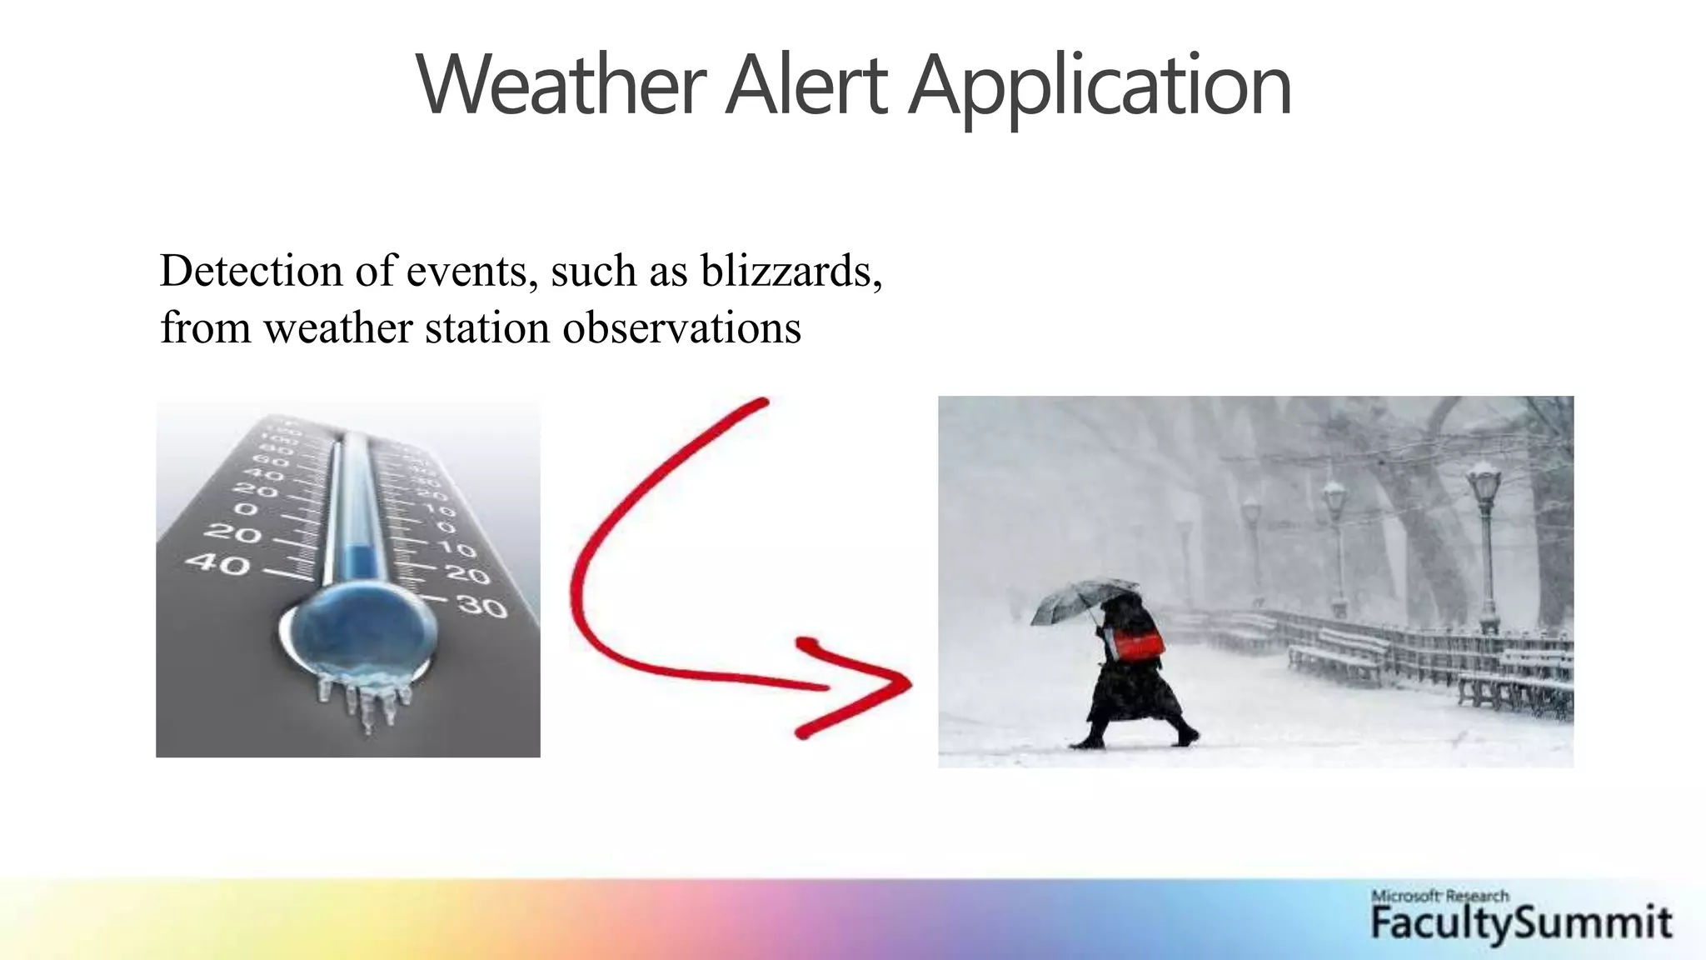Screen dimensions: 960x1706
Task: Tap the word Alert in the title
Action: tap(806, 86)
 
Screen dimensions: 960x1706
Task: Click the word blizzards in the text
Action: tap(791, 272)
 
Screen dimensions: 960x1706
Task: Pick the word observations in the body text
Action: tap(681, 327)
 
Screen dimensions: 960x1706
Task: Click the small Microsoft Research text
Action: tap(1439, 897)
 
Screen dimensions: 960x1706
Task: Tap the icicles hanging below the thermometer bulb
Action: tap(367, 700)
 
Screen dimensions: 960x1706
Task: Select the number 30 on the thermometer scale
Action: tap(482, 607)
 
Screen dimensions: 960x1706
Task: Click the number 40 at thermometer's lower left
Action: tap(217, 564)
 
